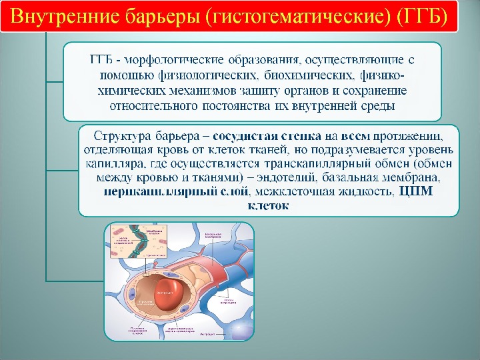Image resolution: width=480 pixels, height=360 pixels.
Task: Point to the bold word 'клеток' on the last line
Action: (x=268, y=206)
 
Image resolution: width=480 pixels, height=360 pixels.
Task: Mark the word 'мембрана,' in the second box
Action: (x=419, y=178)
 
